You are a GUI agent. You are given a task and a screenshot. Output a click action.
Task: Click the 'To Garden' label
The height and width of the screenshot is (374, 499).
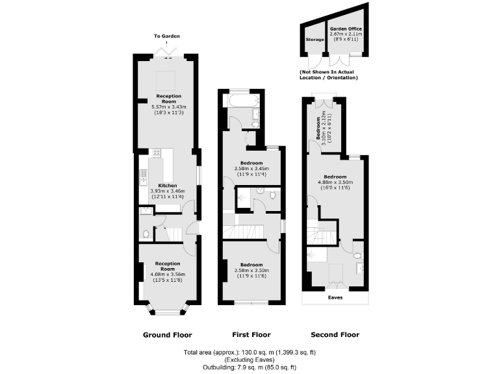click(x=167, y=36)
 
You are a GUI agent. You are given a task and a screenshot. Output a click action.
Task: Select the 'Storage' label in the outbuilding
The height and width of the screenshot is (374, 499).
click(x=314, y=39)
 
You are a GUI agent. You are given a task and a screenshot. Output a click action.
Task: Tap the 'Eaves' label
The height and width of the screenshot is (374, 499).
click(x=335, y=297)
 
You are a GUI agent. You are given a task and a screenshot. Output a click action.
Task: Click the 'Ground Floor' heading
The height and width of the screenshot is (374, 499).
click(x=168, y=335)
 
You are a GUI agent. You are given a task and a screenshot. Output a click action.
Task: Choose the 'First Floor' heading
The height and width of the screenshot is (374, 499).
click(x=251, y=335)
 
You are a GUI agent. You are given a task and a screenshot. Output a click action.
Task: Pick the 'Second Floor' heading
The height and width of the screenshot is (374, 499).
click(x=335, y=335)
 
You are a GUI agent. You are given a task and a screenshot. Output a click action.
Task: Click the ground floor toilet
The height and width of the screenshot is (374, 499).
click(x=146, y=233)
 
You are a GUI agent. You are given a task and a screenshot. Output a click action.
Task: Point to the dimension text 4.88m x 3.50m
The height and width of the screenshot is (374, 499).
click(x=335, y=182)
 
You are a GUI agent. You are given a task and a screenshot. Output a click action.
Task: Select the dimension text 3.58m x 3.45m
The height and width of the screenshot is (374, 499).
click(x=251, y=169)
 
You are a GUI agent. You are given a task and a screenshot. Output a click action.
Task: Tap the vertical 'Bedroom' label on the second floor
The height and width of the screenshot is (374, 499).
click(x=318, y=129)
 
